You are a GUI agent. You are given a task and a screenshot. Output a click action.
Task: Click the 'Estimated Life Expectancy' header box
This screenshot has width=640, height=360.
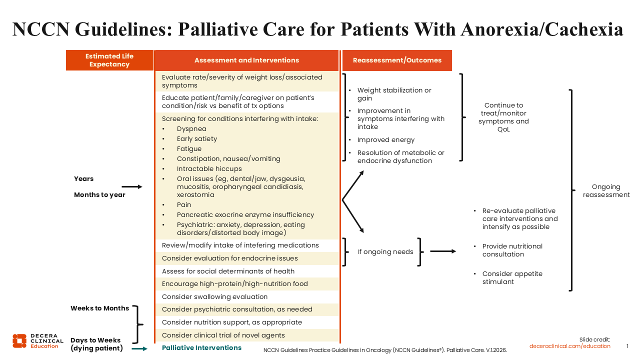[x=109, y=60]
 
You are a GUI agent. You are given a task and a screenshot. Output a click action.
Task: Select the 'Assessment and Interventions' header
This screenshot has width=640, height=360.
[x=246, y=60]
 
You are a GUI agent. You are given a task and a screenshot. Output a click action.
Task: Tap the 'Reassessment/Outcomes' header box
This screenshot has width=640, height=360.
[x=397, y=60]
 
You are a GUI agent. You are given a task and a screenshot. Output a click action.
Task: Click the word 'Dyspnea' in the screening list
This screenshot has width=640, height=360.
[x=190, y=128]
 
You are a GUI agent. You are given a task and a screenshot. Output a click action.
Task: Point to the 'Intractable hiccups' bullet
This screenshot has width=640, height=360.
[x=209, y=168]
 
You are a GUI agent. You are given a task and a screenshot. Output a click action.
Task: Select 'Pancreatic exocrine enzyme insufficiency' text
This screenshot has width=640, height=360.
[x=245, y=214]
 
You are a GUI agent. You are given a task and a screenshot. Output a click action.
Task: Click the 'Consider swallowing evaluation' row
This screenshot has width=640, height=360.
[x=214, y=296]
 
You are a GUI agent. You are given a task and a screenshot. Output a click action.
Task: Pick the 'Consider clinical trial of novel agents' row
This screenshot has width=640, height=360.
[x=223, y=335]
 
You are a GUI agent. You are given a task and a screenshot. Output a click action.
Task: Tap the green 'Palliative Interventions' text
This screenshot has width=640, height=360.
[x=201, y=347]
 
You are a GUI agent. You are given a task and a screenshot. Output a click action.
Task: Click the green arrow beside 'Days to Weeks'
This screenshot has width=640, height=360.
[x=139, y=348]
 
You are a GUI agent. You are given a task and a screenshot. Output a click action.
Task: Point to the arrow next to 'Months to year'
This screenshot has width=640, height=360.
[x=132, y=186]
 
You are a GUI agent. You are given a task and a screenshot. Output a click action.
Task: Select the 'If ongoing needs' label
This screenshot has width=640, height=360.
[x=385, y=251]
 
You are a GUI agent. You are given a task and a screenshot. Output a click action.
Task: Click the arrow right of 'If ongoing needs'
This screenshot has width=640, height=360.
[x=442, y=251]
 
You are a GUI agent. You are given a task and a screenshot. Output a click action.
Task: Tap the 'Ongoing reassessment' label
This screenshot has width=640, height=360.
[x=606, y=190]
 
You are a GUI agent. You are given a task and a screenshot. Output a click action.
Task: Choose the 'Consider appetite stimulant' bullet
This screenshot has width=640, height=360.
[x=512, y=277]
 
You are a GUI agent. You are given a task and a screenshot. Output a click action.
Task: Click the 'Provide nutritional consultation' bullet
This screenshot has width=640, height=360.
[x=512, y=250]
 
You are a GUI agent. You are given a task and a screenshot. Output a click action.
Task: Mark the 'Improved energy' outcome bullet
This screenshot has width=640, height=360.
[x=385, y=139]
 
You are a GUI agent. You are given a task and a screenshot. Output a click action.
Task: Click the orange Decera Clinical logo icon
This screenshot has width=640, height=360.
[x=19, y=341]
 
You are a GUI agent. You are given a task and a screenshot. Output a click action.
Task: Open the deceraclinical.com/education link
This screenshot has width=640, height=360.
[x=569, y=346]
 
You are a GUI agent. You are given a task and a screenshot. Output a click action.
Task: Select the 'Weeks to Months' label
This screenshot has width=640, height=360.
[x=99, y=308]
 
